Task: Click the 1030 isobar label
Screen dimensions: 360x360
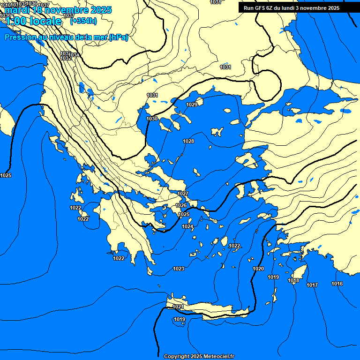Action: coord(152,119)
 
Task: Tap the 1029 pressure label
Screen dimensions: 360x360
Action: coord(192,105)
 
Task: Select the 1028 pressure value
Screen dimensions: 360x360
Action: coord(188,141)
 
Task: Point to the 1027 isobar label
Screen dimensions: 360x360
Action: coord(183,194)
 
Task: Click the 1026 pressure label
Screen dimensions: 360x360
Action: coord(181,205)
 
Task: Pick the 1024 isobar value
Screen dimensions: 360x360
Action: coord(187,226)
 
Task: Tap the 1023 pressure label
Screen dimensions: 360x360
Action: coord(179,269)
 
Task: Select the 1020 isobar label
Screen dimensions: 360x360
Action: coord(258,269)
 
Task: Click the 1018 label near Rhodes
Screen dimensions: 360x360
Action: coord(293,281)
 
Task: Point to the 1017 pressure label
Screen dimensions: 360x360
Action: coord(312,285)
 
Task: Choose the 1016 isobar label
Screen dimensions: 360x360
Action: coord(337,284)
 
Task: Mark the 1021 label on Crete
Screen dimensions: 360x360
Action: coord(178,307)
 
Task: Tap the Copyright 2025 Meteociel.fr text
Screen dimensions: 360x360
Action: coord(199,356)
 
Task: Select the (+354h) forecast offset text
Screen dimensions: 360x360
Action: coord(84,21)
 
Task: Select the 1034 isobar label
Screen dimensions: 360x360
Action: coord(74,55)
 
